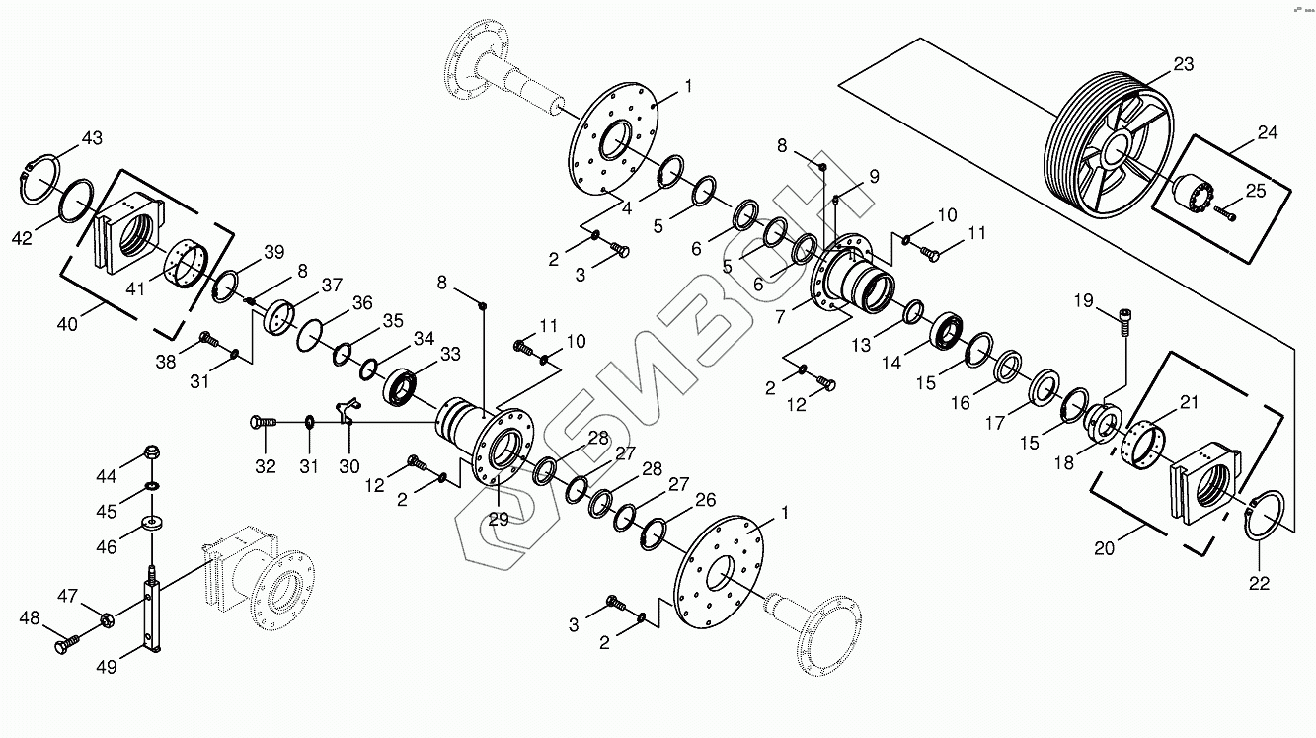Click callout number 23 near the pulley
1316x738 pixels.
tap(1184, 65)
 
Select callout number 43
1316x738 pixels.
tap(91, 137)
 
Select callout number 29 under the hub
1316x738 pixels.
tap(499, 519)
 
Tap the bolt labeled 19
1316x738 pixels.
tap(1124, 321)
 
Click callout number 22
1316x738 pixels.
tap(1258, 583)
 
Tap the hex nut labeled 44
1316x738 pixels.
tap(153, 452)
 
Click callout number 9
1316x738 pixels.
tap(874, 177)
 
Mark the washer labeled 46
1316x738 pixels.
tap(152, 521)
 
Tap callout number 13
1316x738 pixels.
tap(863, 345)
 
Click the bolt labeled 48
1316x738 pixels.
tap(67, 646)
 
